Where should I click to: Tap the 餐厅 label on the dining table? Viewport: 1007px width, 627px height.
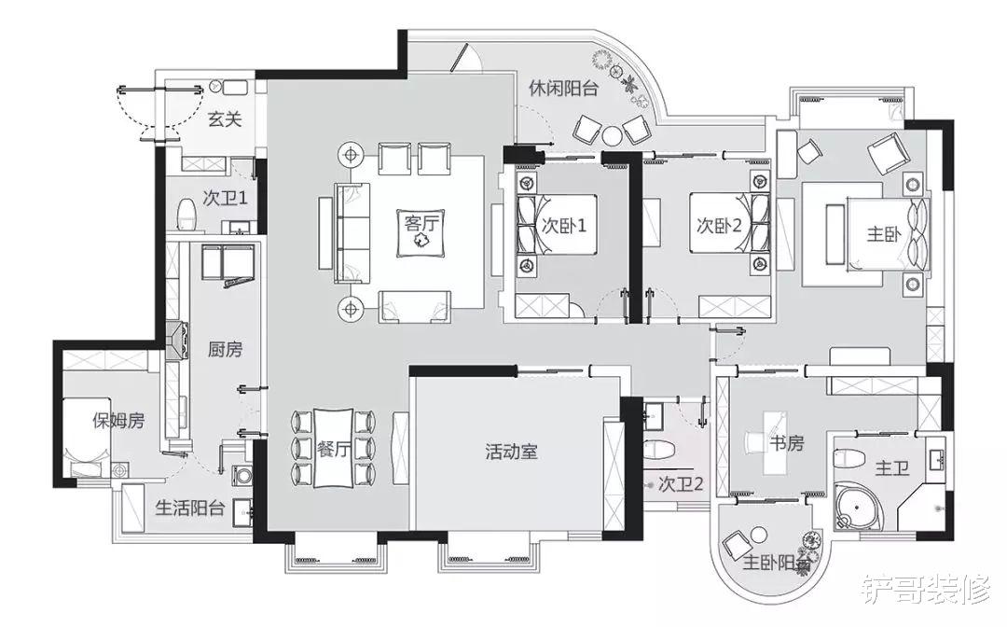click(333, 449)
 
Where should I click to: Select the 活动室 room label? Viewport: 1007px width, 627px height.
click(511, 452)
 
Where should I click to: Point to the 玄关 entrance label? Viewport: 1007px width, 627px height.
click(225, 118)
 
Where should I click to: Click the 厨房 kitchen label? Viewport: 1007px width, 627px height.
click(226, 350)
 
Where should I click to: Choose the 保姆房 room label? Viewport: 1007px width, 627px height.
click(118, 422)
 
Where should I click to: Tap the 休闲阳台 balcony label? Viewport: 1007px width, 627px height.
click(563, 88)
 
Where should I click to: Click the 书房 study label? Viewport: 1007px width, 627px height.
click(787, 443)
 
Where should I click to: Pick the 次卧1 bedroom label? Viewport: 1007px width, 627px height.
click(564, 226)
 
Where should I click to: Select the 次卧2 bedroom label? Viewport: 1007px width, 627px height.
click(719, 226)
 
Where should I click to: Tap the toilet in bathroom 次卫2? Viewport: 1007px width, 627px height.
click(657, 449)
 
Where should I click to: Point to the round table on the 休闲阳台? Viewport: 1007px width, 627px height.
click(613, 135)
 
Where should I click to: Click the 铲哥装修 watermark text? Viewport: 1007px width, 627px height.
click(925, 589)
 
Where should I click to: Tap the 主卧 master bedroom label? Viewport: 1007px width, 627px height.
click(884, 234)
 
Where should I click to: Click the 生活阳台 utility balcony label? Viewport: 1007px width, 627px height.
click(190, 509)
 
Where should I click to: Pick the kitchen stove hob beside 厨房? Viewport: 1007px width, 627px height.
click(177, 340)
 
